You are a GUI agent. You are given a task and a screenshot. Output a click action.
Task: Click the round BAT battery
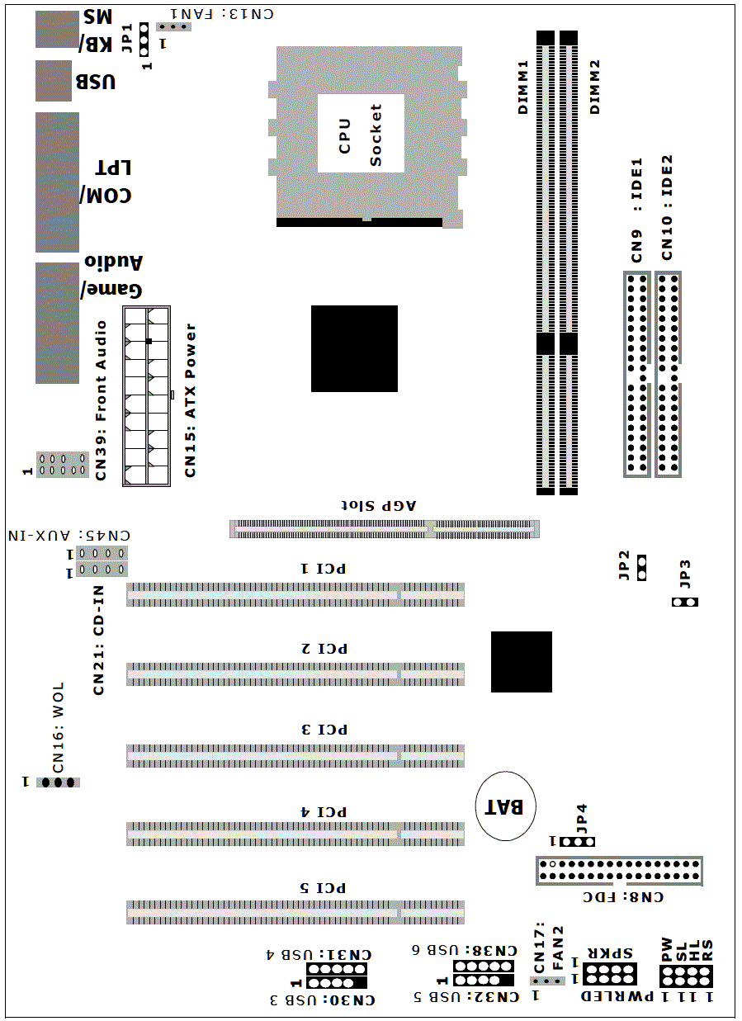point(505,806)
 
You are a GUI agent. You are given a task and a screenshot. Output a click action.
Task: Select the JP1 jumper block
point(144,39)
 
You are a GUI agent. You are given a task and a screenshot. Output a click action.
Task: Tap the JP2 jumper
point(641,568)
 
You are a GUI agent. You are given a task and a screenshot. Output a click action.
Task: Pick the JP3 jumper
point(684,602)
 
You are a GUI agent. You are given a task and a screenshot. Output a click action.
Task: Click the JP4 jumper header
point(577,841)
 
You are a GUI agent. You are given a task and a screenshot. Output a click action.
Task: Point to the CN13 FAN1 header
point(173,27)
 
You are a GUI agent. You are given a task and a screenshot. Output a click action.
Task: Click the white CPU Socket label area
point(361,134)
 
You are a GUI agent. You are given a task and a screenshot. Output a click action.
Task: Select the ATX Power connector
point(146,396)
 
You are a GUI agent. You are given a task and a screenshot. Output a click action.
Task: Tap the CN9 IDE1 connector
point(636,374)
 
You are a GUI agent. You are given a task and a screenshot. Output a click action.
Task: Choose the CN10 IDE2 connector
point(668,374)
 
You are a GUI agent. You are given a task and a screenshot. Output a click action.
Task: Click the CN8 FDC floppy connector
point(619,871)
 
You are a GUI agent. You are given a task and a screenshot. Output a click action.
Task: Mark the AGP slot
point(385,529)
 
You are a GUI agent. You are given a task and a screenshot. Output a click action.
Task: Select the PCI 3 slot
point(295,756)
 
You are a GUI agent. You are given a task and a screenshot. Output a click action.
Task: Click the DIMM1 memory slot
point(545,263)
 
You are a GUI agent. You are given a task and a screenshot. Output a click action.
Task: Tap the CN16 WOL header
point(58,782)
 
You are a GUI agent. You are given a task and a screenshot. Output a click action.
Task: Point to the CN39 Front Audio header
point(63,465)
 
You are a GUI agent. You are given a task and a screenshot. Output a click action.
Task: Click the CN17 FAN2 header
point(547,981)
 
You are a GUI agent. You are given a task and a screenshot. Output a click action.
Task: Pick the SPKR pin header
point(609,974)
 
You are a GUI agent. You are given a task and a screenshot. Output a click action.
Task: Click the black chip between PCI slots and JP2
point(522,662)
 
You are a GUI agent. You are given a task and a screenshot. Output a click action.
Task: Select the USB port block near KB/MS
point(54,81)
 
